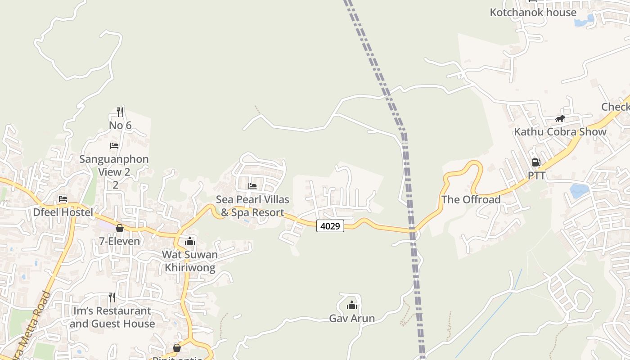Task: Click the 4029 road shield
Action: (330, 226)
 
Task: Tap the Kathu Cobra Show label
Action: (560, 132)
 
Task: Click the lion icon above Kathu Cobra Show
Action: (560, 119)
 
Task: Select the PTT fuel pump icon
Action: (536, 162)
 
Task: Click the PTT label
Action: (536, 175)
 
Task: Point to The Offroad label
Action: (471, 199)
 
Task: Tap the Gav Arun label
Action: (352, 319)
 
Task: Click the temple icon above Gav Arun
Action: (352, 306)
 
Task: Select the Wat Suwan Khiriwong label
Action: (190, 261)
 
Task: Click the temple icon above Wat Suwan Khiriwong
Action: (190, 242)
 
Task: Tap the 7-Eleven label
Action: (120, 241)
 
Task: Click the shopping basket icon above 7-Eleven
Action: (120, 228)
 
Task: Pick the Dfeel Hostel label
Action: (63, 212)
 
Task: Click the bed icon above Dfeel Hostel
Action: (63, 199)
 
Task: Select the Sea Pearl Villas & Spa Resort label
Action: (252, 206)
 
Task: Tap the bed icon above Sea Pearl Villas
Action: (252, 186)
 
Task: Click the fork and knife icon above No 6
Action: (120, 112)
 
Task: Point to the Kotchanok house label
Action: (533, 12)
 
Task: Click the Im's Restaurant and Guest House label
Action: (112, 317)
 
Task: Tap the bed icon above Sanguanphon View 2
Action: (114, 146)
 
